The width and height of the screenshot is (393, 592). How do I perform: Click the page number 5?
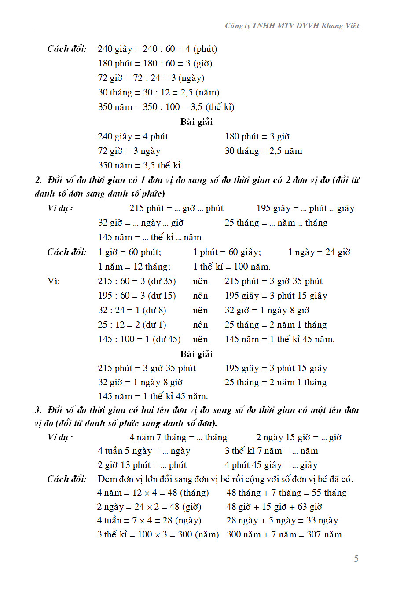[x=356, y=559]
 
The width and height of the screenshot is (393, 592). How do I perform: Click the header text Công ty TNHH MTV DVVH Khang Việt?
[x=292, y=26]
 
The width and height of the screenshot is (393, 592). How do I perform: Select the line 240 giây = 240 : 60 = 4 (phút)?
[x=158, y=49]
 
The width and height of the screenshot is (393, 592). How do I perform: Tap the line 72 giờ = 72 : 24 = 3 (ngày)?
[x=151, y=78]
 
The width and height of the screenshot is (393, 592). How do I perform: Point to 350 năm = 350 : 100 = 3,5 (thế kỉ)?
[x=166, y=107]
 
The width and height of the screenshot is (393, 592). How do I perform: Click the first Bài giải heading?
[x=196, y=122]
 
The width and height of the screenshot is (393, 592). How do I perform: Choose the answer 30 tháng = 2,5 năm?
[x=264, y=151]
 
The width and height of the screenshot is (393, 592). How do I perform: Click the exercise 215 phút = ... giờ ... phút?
[x=176, y=208]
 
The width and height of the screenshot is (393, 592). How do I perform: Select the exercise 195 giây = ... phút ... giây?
[x=305, y=208]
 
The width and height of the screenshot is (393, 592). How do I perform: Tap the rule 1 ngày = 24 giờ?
[x=319, y=252]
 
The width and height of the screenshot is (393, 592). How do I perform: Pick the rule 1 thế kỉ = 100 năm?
[x=231, y=267]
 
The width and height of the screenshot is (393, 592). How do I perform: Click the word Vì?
[x=54, y=281]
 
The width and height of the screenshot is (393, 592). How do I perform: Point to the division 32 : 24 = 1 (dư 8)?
[x=132, y=311]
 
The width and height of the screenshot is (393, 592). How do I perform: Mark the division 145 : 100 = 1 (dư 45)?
[x=139, y=340]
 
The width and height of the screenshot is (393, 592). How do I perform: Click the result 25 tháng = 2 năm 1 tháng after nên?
[x=275, y=325]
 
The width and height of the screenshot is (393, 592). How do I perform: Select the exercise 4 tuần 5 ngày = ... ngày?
[x=144, y=451]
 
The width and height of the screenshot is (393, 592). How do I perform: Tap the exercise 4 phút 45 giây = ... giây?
[x=271, y=465]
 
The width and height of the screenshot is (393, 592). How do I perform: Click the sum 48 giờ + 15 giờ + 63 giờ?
[x=274, y=507]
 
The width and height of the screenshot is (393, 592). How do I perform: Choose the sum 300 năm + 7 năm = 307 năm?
[x=284, y=535]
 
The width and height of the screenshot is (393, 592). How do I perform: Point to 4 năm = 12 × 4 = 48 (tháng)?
[x=153, y=493]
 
